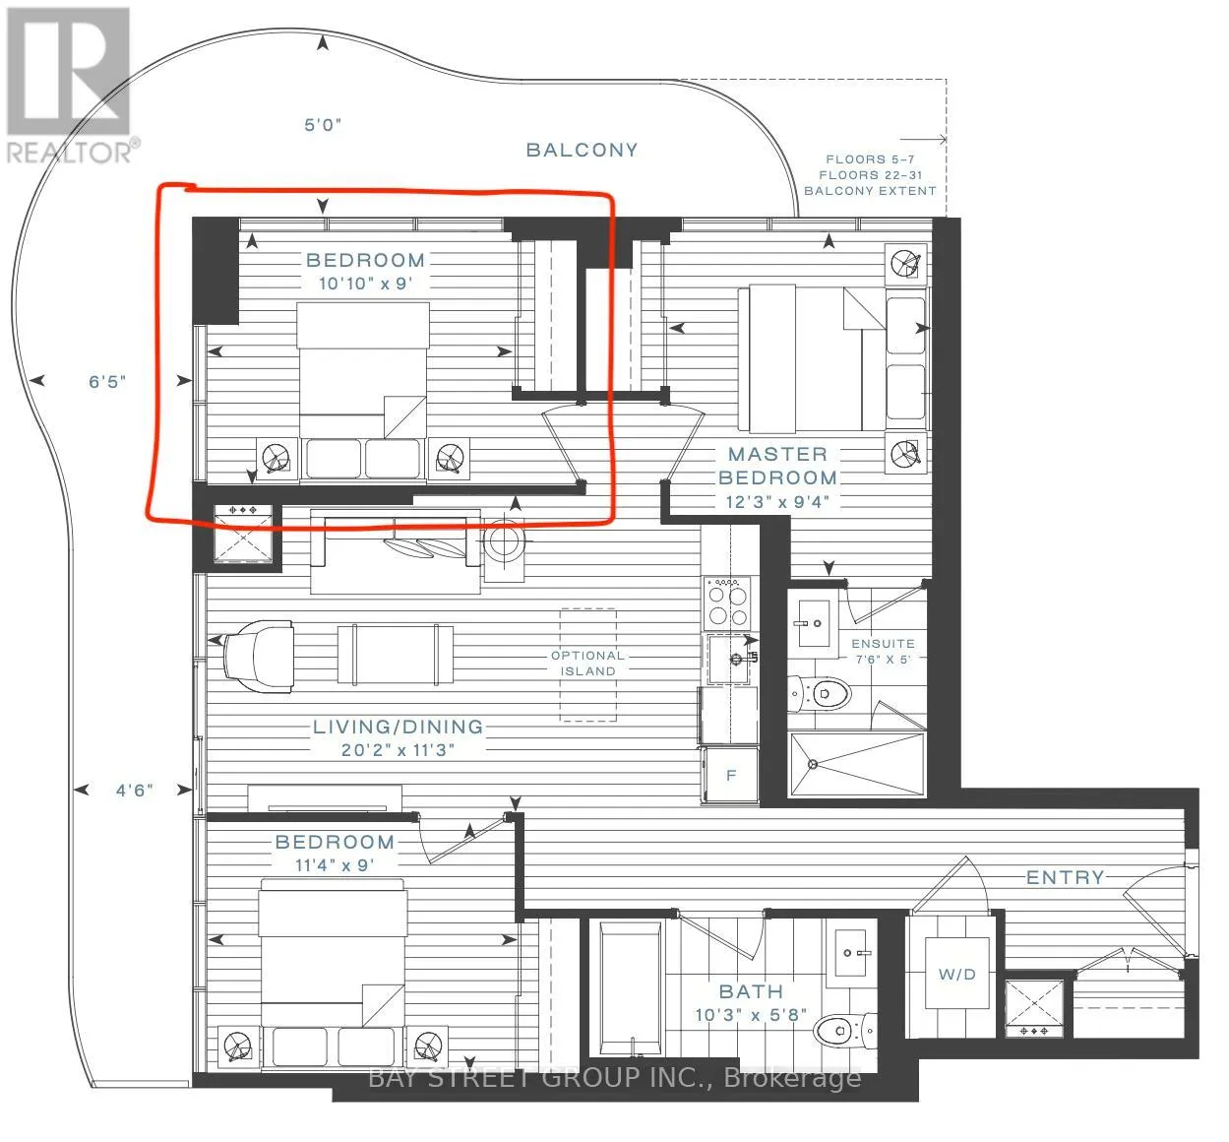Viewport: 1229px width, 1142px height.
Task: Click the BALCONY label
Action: [x=582, y=150]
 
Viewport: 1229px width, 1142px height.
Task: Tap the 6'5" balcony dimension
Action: [x=107, y=382]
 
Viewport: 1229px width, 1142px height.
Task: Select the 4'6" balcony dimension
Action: [x=134, y=791]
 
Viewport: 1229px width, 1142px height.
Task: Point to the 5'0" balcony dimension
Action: [x=323, y=124]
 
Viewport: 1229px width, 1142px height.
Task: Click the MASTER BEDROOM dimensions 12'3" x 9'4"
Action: [x=777, y=502]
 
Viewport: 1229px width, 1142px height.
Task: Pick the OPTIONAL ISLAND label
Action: [x=587, y=664]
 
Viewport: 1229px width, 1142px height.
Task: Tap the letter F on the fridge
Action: [x=731, y=775]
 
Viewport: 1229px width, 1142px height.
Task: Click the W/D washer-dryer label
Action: [x=956, y=975]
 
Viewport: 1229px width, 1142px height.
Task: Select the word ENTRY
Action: [x=1065, y=877]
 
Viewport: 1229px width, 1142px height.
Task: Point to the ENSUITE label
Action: [x=883, y=644]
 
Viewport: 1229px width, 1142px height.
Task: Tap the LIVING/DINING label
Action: [x=398, y=727]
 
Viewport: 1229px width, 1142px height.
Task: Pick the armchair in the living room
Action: [x=259, y=657]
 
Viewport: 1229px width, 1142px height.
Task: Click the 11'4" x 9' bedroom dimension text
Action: [x=335, y=865]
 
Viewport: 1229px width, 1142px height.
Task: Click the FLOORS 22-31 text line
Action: [x=870, y=175]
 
